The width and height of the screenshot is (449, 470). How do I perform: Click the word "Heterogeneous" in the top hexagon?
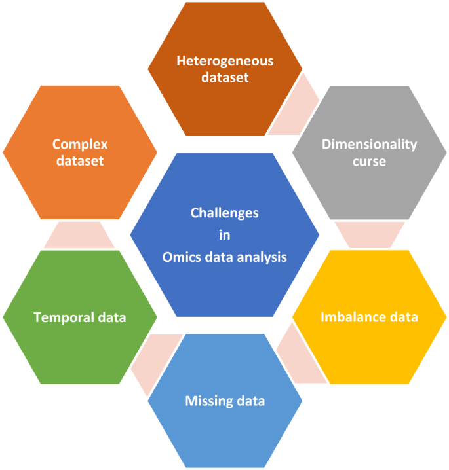(225, 61)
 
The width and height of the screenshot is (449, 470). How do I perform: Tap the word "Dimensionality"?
(369, 145)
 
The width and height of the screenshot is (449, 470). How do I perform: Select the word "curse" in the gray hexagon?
(369, 161)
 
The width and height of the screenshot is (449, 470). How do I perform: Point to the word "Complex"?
(80, 144)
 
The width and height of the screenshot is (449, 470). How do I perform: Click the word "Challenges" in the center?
(224, 213)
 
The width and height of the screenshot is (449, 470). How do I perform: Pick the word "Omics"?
(181, 257)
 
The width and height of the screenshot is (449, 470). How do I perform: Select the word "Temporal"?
(63, 317)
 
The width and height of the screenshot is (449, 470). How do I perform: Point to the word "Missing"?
(208, 401)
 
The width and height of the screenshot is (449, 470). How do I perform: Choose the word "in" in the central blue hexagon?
(224, 235)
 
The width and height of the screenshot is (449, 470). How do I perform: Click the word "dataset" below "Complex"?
(80, 160)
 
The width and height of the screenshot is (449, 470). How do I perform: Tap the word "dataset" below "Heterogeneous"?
(225, 77)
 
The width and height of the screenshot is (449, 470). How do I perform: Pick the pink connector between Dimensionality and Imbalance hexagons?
(369, 234)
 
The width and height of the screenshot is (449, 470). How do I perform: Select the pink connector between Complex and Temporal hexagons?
(80, 234)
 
